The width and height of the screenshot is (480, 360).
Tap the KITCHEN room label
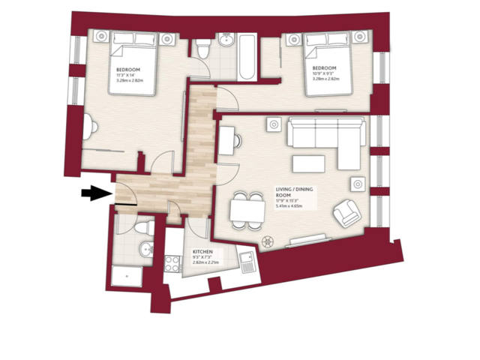(x=203, y=252)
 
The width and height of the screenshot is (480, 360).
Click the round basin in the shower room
(x=146, y=250)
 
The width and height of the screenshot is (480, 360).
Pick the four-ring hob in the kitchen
(x=172, y=264)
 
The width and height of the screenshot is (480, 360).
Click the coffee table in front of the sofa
(x=310, y=163)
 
